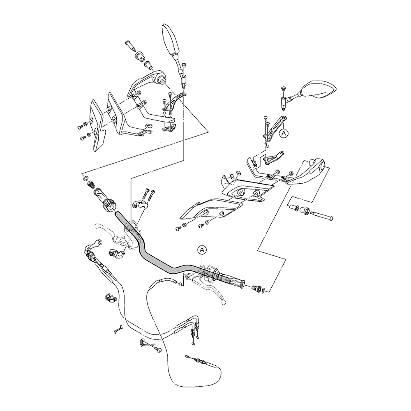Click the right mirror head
click(x=319, y=90)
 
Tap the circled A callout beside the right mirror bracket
click(x=284, y=134)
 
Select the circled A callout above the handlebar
click(x=201, y=250)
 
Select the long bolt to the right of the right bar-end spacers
click(x=322, y=216)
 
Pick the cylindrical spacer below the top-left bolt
click(x=140, y=57)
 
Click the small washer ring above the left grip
click(x=85, y=179)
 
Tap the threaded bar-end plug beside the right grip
click(x=256, y=289)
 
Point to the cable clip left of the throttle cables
click(x=109, y=299)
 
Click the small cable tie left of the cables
click(x=118, y=329)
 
